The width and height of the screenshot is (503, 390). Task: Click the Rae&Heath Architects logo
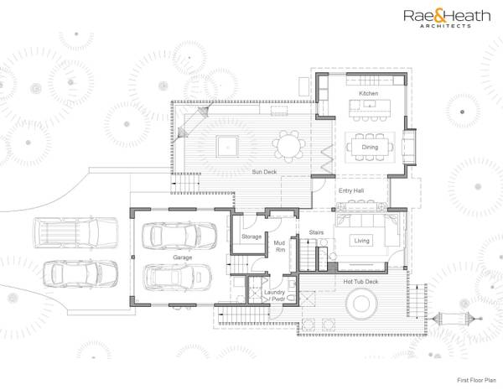(x=443, y=18)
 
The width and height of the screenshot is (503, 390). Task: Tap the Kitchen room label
(x=369, y=93)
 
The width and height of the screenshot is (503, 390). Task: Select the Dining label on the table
(x=370, y=147)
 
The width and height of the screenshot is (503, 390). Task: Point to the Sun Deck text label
(x=264, y=172)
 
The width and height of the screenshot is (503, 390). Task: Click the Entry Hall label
(x=350, y=191)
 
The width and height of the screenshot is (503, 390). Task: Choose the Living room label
(x=361, y=241)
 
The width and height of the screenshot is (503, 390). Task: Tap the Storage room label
(x=251, y=237)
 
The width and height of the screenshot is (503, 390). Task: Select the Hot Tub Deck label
(x=361, y=282)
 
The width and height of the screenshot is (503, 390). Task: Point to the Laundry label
(x=274, y=292)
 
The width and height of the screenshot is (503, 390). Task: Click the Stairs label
(x=316, y=232)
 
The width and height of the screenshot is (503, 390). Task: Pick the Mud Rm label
(x=280, y=246)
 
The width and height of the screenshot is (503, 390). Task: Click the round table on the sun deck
(x=288, y=147)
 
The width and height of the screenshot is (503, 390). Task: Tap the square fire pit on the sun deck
(x=226, y=145)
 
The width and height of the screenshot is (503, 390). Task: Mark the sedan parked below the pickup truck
(x=79, y=273)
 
